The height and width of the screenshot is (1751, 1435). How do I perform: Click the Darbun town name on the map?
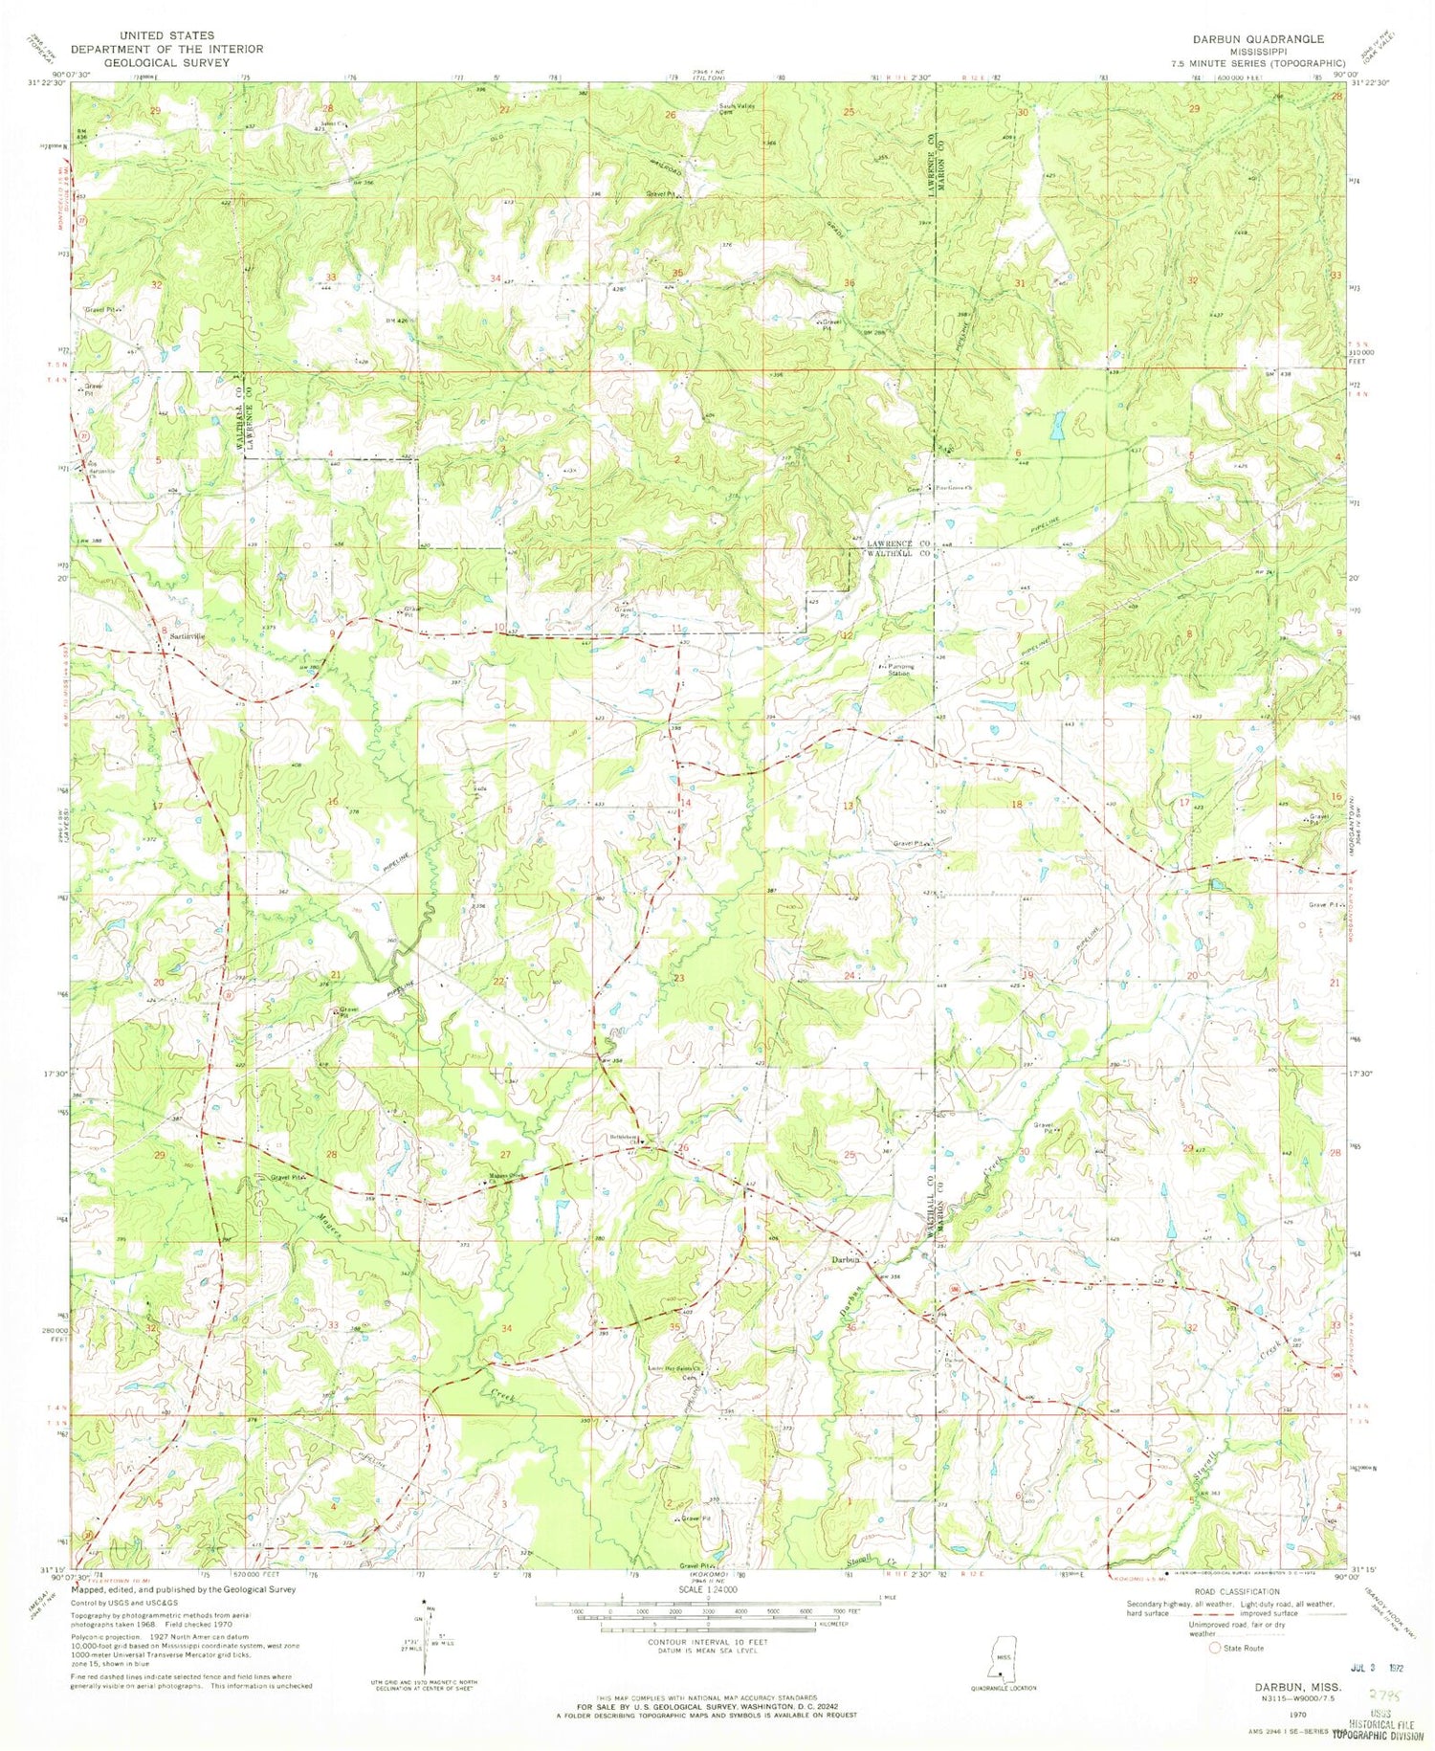point(846,1260)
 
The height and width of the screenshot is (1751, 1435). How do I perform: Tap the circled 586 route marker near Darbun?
point(953,1295)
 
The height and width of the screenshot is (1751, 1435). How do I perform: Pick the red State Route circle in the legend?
point(1215,1648)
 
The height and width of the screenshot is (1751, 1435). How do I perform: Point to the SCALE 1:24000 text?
point(707,1589)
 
